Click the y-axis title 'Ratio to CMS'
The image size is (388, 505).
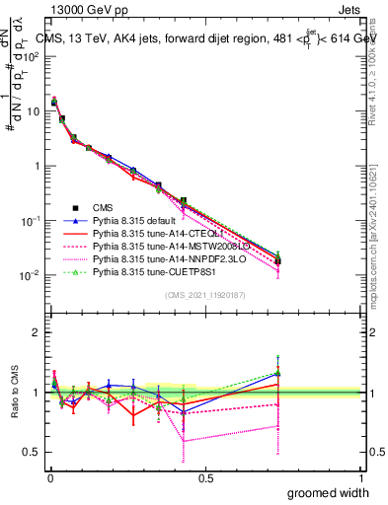point(14,393)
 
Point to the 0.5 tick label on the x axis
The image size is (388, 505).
point(204,478)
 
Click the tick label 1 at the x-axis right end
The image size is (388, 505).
point(359,478)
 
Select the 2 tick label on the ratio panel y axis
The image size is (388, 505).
point(36,332)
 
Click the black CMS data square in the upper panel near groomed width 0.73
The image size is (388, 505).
point(277,261)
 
